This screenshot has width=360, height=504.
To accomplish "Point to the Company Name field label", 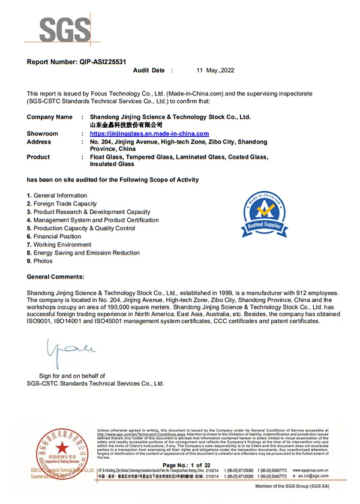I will click(x=50, y=117).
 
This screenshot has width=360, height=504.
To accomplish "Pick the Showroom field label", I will click(x=43, y=133).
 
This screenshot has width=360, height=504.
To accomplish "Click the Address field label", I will click(x=40, y=142).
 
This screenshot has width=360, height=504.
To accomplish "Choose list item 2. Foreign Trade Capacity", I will click(x=62, y=204).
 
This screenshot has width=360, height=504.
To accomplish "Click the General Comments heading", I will click(x=56, y=277).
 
